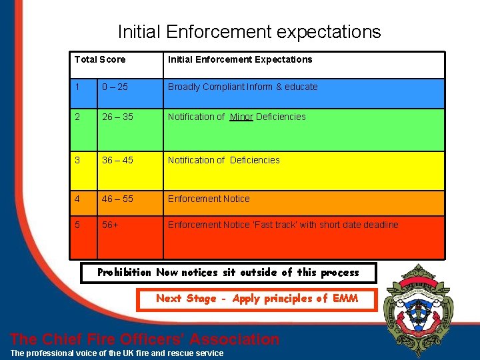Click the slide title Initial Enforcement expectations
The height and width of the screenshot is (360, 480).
point(249,31)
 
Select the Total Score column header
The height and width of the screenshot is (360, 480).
point(100,59)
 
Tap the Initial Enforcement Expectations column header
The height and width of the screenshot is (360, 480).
point(240,59)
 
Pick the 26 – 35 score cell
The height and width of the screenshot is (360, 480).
point(117,117)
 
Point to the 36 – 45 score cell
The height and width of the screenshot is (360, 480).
point(117,160)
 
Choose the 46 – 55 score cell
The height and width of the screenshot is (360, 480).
point(117,199)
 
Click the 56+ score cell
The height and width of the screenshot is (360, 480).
point(111,225)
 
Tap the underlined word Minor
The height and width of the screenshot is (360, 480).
point(241,117)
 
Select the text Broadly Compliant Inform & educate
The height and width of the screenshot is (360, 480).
point(243,87)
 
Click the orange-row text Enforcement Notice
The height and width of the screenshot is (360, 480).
point(209,199)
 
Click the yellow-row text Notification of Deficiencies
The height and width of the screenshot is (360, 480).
point(224,160)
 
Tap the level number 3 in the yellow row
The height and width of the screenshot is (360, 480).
point(77,160)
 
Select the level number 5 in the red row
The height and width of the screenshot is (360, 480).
point(77,225)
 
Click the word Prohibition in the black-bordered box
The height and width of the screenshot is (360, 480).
point(125,272)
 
